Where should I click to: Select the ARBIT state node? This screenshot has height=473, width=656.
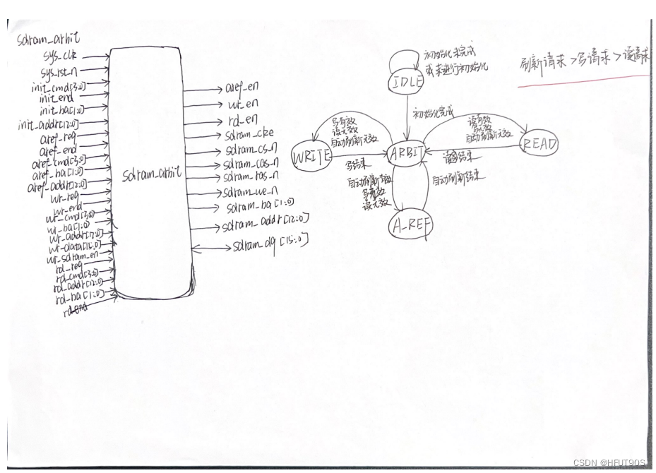point(406,152)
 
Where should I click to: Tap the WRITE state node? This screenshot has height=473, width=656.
point(311,156)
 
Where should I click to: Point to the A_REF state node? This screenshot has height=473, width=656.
point(410,226)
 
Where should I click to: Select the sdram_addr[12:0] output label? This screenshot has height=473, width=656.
point(265,226)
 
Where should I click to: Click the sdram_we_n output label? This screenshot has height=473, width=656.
point(249,191)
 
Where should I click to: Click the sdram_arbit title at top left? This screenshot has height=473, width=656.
point(49,40)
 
